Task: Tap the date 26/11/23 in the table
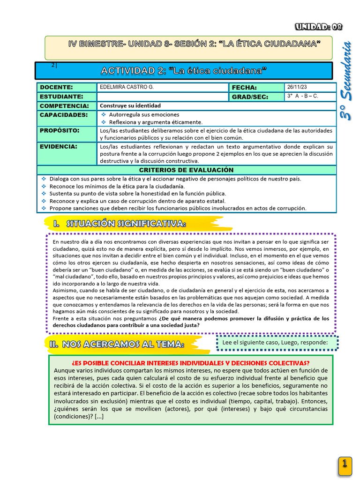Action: (298, 87)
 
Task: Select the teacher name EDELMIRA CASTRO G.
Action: (127, 87)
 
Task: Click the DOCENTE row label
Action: (56, 87)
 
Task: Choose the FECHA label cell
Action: (244, 88)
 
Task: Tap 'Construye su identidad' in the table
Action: (130, 106)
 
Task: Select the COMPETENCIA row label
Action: (64, 106)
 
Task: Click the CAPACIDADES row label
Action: (64, 114)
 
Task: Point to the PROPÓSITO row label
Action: (60, 130)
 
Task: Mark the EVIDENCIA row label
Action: (58, 147)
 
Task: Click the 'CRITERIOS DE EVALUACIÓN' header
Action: (186, 170)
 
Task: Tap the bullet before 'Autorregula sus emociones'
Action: (104, 114)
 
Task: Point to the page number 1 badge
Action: (345, 464)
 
